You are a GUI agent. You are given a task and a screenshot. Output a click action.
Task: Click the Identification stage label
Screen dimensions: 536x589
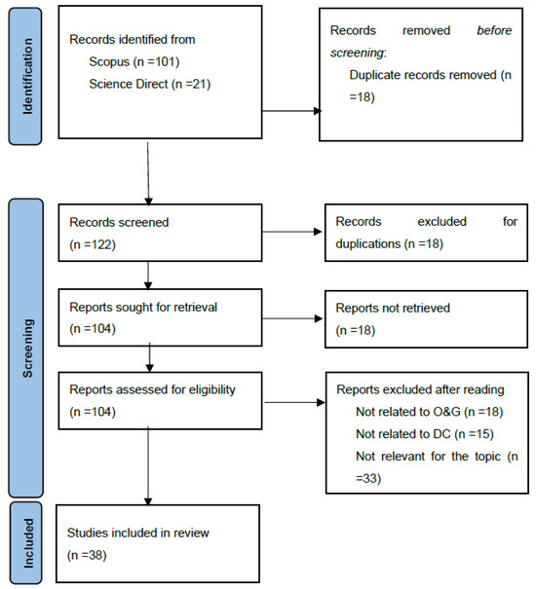click(x=25, y=76)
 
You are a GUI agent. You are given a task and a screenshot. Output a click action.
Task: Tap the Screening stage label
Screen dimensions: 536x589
click(x=26, y=349)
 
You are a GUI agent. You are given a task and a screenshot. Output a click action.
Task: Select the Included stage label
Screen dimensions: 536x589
click(x=26, y=543)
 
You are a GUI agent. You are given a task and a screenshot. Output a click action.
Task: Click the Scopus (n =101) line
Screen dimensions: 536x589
click(x=134, y=61)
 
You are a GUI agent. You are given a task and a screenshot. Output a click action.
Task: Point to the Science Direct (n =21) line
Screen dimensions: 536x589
click(x=150, y=84)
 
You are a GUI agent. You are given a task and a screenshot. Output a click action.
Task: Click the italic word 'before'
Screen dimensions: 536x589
click(x=494, y=30)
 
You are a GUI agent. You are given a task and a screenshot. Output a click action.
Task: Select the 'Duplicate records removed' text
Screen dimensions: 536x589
click(x=423, y=75)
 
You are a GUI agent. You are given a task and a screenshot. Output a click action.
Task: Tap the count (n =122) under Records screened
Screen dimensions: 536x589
click(x=93, y=244)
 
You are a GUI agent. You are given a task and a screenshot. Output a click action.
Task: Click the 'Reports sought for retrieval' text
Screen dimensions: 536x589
click(x=143, y=308)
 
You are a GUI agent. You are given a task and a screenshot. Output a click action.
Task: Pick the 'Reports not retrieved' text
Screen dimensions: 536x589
click(x=393, y=308)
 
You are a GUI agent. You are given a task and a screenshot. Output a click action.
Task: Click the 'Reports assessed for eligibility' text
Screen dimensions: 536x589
click(x=152, y=390)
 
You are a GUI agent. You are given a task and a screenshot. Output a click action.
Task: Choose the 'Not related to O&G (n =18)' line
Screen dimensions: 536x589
click(x=430, y=412)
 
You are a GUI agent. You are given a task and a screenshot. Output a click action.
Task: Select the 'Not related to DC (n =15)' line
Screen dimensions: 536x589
click(x=425, y=434)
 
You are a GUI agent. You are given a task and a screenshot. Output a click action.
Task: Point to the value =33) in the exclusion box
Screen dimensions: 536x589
click(x=368, y=479)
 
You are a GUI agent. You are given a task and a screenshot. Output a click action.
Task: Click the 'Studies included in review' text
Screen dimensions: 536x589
click(x=138, y=534)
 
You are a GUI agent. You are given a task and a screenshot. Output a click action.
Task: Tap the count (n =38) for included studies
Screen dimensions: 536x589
click(x=87, y=555)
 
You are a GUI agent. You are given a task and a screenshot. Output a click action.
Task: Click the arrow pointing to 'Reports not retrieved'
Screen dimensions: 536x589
click(x=292, y=318)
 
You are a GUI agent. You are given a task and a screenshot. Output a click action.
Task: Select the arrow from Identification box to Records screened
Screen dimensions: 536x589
click(x=148, y=174)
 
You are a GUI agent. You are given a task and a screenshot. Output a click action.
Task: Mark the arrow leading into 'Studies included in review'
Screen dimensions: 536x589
click(x=148, y=466)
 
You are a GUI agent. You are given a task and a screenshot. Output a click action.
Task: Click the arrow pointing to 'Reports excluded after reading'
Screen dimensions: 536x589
click(x=295, y=403)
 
